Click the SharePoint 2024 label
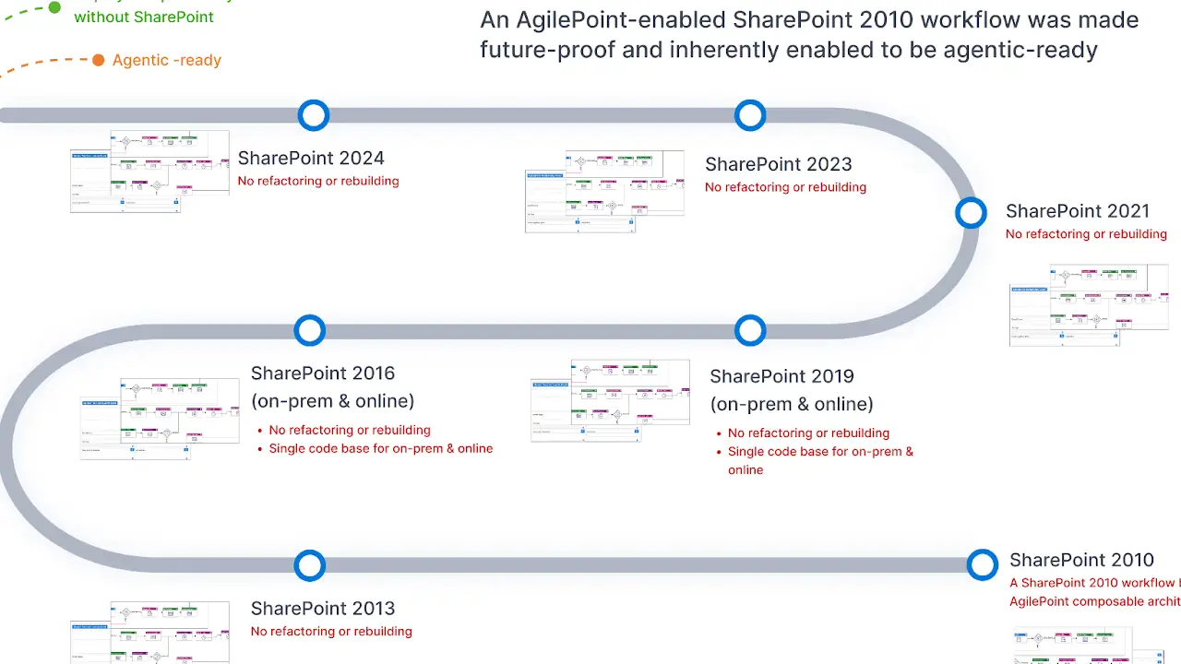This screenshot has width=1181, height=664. pyautogui.click(x=311, y=159)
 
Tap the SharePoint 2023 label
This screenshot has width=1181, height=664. pyautogui.click(x=778, y=164)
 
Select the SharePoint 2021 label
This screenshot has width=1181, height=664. pyautogui.click(x=1078, y=211)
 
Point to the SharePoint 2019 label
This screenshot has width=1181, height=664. pyautogui.click(x=781, y=376)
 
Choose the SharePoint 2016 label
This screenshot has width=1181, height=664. pyautogui.click(x=323, y=373)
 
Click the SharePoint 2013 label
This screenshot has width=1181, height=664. pyautogui.click(x=323, y=609)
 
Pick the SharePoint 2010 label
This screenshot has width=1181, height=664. pyautogui.click(x=1081, y=560)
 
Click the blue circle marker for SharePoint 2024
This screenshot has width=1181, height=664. pyautogui.click(x=314, y=115)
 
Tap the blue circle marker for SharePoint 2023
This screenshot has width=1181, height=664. pyautogui.click(x=750, y=115)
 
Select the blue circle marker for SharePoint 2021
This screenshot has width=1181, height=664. pyautogui.click(x=971, y=213)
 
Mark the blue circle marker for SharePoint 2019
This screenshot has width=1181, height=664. pyautogui.click(x=750, y=330)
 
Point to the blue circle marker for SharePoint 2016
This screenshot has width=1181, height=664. pyautogui.click(x=310, y=330)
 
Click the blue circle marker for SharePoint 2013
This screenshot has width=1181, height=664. pyautogui.click(x=310, y=565)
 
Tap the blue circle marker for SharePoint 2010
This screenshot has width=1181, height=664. pyautogui.click(x=983, y=564)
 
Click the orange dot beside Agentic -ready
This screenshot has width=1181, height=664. pyautogui.click(x=98, y=61)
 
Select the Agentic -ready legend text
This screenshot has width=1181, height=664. pyautogui.click(x=167, y=61)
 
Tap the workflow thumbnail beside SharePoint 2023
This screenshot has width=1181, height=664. pyautogui.click(x=604, y=191)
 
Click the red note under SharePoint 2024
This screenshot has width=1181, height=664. pyautogui.click(x=318, y=181)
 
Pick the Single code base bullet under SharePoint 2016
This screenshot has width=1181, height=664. pyautogui.click(x=380, y=449)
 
